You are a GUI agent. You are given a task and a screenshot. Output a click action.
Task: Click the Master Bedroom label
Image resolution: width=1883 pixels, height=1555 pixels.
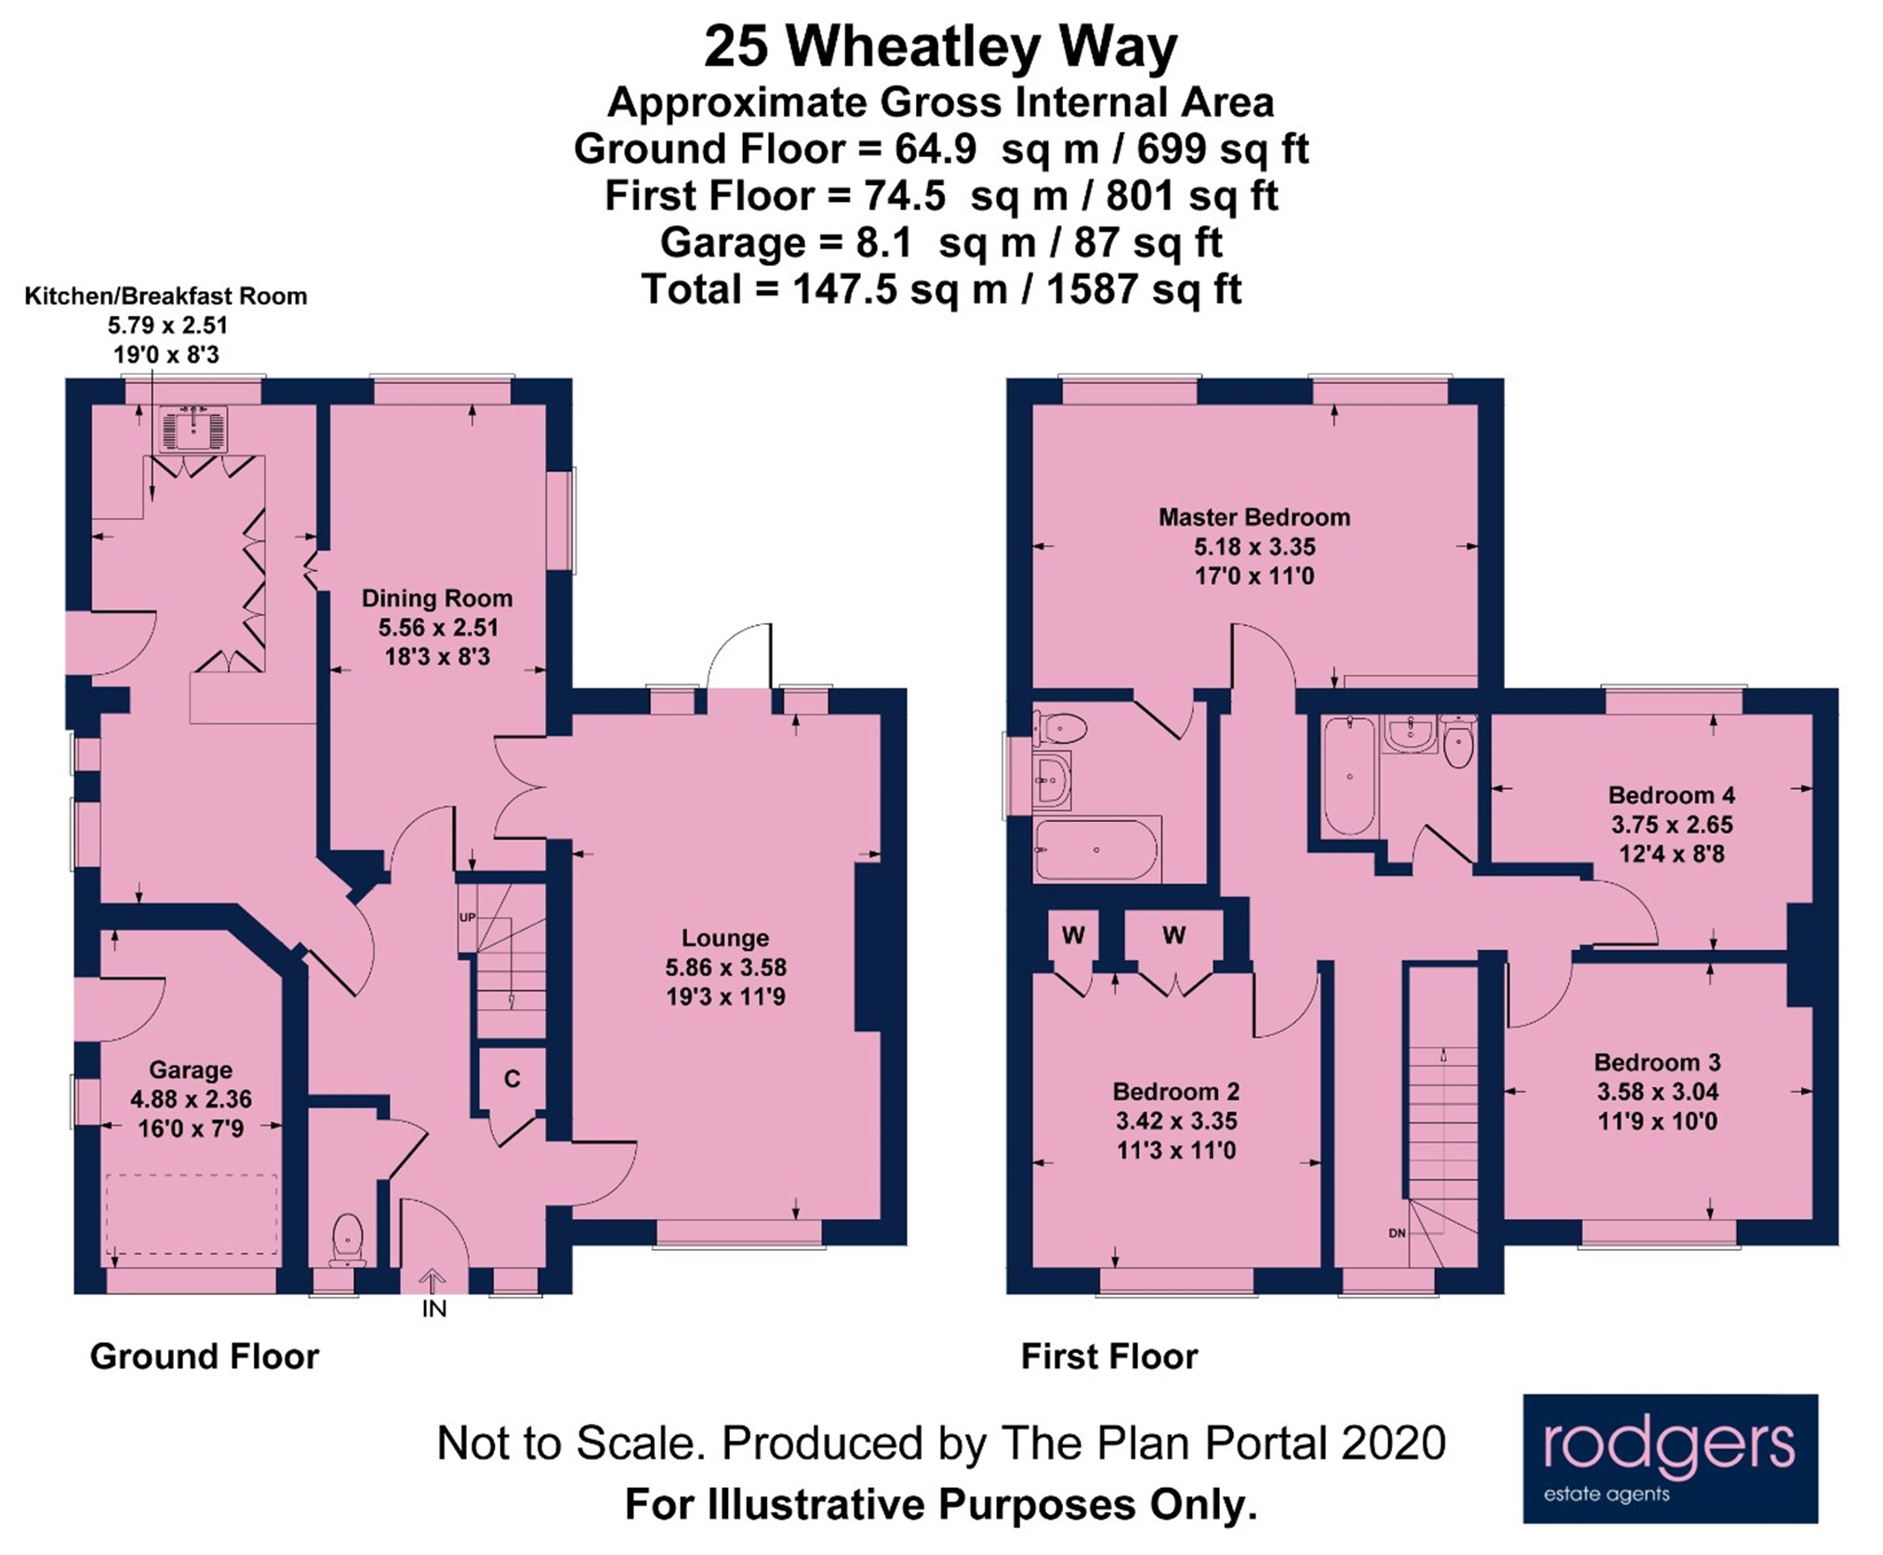click(x=1253, y=517)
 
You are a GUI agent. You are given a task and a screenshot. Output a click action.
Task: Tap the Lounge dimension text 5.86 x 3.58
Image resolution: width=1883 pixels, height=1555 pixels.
click(x=725, y=967)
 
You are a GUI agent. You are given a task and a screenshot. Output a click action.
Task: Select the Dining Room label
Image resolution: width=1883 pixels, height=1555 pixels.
click(x=437, y=598)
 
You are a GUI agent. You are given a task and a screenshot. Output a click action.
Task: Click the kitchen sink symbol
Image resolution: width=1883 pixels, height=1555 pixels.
click(x=193, y=430)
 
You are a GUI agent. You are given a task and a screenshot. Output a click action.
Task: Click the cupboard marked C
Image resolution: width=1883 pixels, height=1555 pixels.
click(x=511, y=1078)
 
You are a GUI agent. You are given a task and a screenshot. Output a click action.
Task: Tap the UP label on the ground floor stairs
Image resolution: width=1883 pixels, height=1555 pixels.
click(x=467, y=917)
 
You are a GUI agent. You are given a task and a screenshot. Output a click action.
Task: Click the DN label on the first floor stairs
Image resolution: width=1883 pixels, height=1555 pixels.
click(x=1397, y=1233)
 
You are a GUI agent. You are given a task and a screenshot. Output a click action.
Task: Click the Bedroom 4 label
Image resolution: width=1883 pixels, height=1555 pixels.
click(x=1671, y=795)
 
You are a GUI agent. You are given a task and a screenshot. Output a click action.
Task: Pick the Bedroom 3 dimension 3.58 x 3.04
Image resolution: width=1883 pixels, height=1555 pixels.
click(x=1658, y=1092)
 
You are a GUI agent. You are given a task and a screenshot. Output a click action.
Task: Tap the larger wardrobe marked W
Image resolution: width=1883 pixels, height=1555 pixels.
click(x=1174, y=936)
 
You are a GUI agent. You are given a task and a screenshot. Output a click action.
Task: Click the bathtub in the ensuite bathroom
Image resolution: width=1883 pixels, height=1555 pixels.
click(x=1096, y=849)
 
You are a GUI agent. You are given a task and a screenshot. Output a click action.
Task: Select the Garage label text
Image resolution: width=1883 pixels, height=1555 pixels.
click(x=191, y=1070)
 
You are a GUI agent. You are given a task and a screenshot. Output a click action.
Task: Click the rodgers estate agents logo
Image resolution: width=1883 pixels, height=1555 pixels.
click(x=1669, y=1458)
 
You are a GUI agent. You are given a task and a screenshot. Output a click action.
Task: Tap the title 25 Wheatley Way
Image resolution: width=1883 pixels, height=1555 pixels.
click(x=940, y=47)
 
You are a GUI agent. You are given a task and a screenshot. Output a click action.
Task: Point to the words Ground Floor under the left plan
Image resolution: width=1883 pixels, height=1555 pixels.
click(x=205, y=1356)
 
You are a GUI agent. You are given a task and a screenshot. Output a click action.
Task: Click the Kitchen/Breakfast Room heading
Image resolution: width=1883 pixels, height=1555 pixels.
click(x=166, y=296)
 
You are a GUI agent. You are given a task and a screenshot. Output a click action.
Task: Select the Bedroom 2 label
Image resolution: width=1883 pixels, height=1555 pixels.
click(x=1176, y=1091)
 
